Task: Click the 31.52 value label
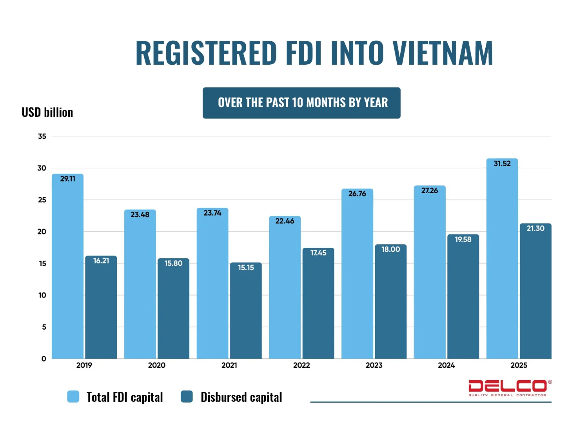coord(502,163)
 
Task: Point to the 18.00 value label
coord(391,249)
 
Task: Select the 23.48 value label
coord(140,214)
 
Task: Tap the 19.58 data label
coord(463,239)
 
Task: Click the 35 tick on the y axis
coord(42,136)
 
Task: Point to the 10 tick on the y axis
coord(42,295)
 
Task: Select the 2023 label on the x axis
coord(374,365)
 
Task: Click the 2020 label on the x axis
coord(157,365)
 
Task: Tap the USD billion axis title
coord(47,113)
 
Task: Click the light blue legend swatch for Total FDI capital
coord(73,396)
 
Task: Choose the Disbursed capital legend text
coord(241,397)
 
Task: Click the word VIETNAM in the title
coord(443,53)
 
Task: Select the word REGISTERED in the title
coord(206,53)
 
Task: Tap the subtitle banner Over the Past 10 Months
coord(301,103)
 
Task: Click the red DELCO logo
coord(510,387)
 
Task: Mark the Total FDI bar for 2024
coord(430,274)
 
